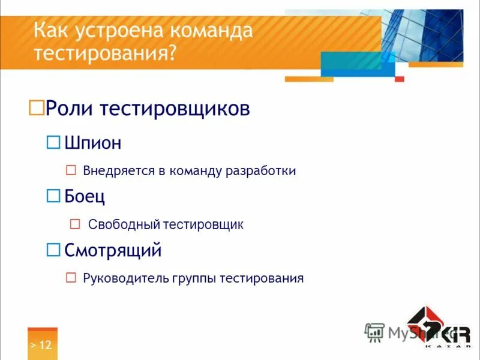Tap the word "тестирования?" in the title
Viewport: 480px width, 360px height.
(105, 53)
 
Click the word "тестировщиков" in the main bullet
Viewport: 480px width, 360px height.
(174, 109)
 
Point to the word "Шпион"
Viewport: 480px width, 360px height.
(93, 143)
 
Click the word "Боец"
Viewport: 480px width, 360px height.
(85, 196)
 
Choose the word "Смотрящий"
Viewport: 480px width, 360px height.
(113, 250)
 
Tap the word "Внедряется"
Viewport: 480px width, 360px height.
(119, 171)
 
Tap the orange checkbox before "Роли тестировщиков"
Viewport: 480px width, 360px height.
(37, 108)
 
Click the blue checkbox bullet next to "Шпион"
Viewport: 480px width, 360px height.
(54, 142)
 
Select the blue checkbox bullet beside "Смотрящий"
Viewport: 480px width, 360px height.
(54, 249)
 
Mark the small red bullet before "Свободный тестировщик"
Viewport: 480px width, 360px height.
(75, 224)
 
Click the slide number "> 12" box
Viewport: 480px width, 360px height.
(42, 344)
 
